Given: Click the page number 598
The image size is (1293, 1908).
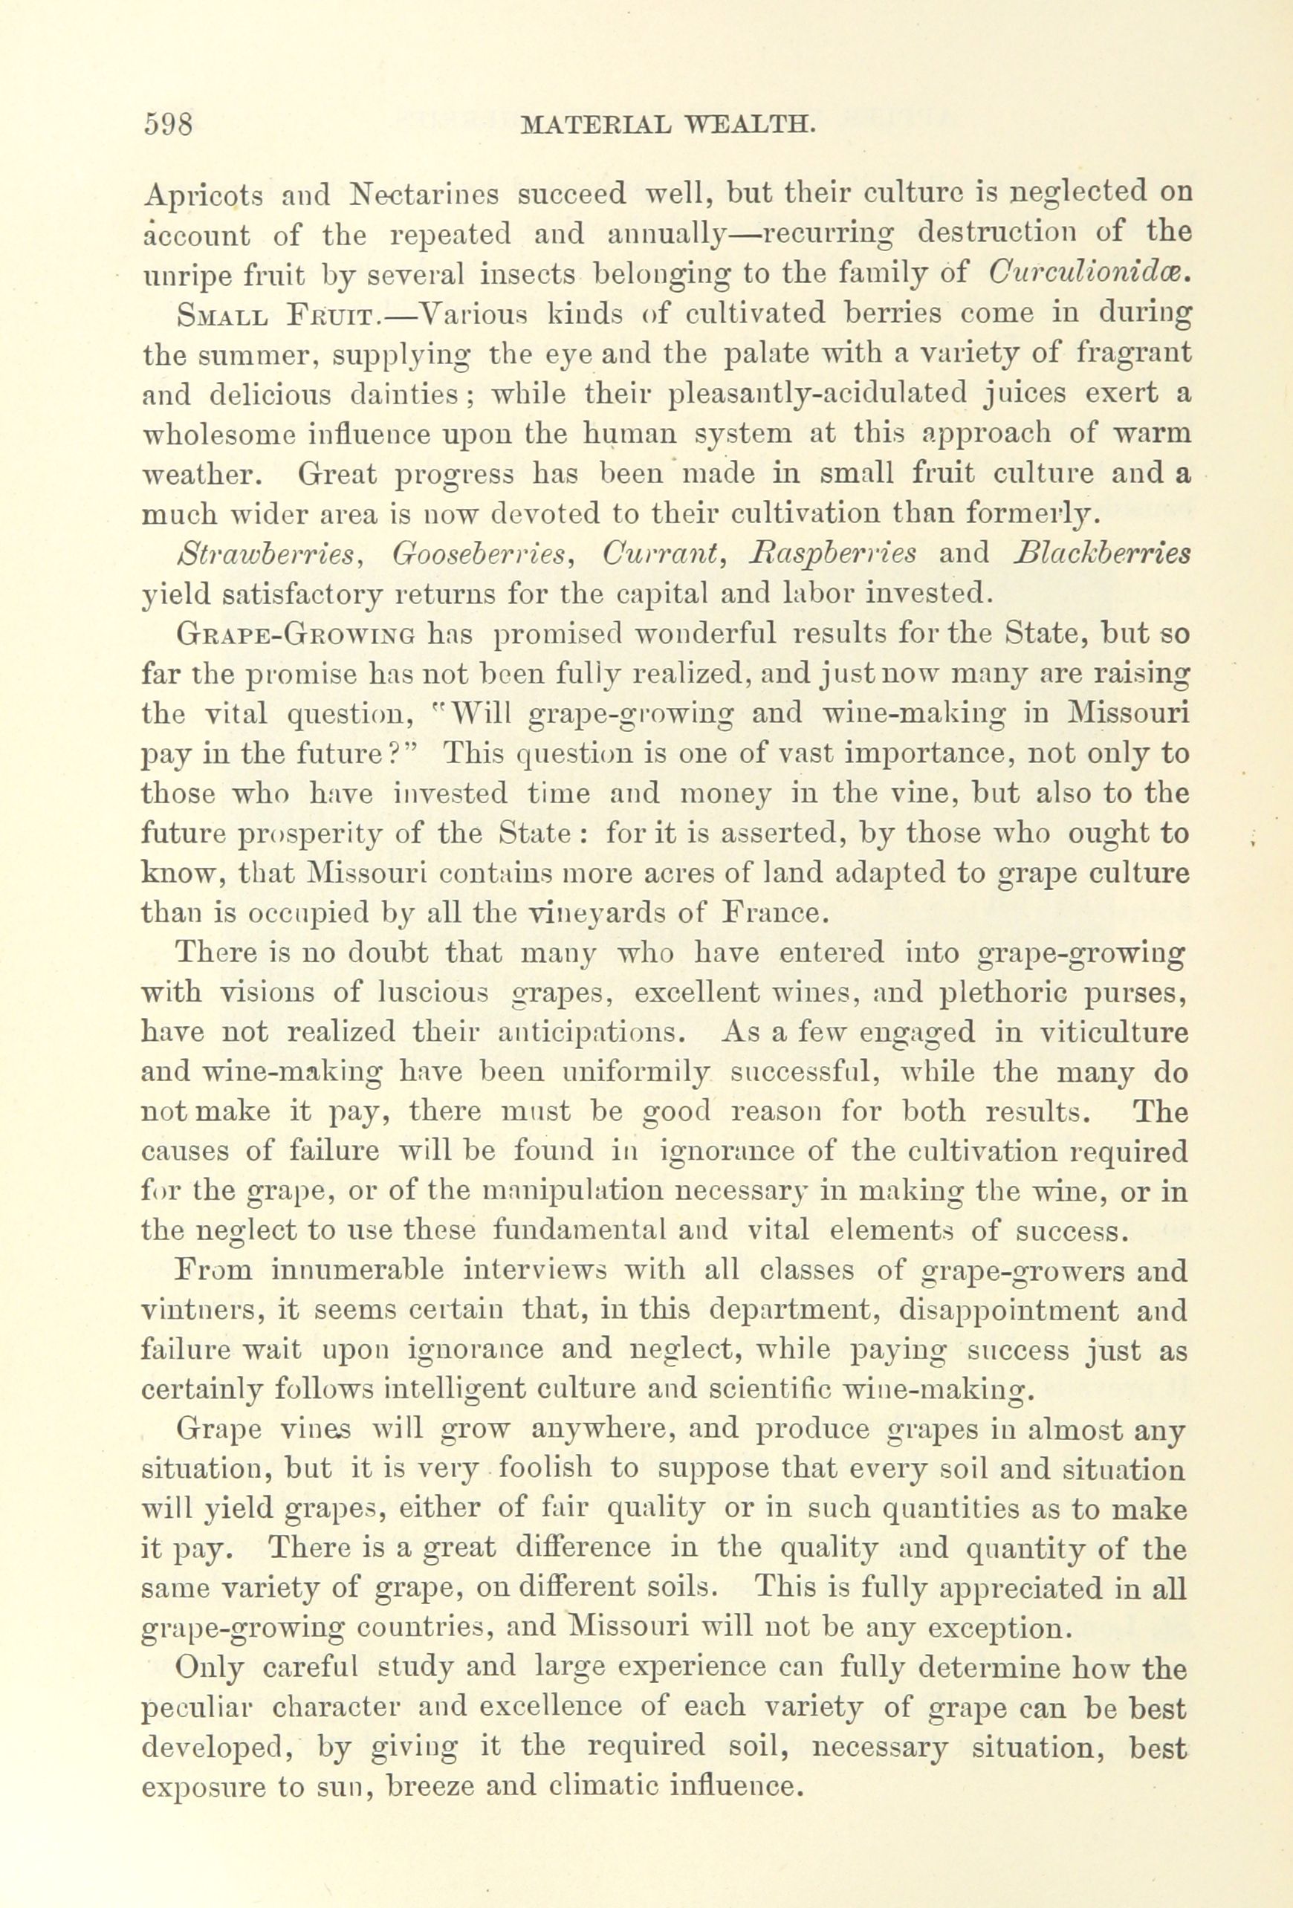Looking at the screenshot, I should (167, 124).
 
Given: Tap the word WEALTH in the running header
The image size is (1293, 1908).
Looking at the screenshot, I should (753, 125).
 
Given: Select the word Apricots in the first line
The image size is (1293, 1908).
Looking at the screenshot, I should (203, 195).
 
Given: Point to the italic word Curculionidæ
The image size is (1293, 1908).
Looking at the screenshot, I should (1090, 274).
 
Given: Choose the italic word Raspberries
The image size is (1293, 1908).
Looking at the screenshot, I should (834, 554).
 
